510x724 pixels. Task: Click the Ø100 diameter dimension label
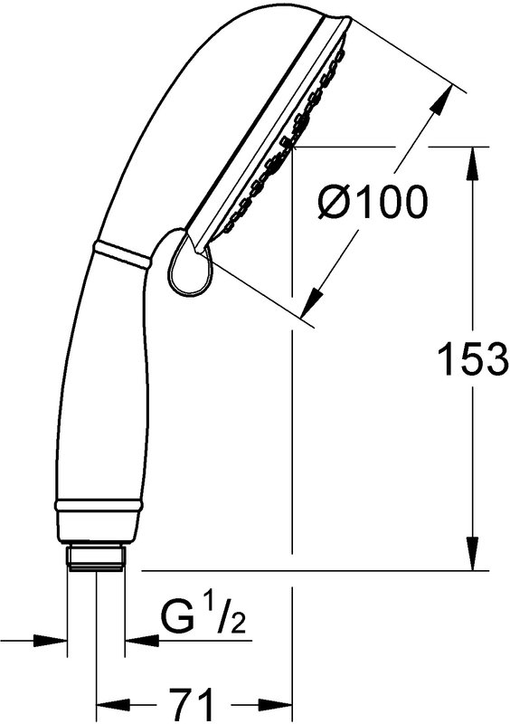(373, 202)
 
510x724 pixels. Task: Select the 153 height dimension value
(472, 358)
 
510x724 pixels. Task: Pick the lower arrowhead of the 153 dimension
(473, 554)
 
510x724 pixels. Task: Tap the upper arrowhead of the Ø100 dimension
(441, 99)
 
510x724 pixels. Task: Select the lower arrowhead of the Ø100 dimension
(312, 303)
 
